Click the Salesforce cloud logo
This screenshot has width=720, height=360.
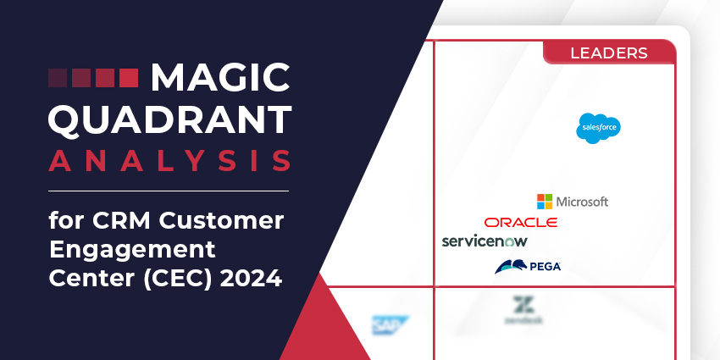[599, 128]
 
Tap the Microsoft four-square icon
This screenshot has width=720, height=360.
[545, 202]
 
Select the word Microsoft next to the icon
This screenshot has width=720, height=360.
[582, 202]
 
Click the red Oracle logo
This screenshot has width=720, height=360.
[521, 222]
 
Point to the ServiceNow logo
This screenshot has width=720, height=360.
[485, 241]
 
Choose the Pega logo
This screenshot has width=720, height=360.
[527, 267]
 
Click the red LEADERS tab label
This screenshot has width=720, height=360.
[609, 53]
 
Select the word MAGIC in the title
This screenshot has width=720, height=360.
[219, 79]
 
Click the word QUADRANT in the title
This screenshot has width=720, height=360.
[169, 119]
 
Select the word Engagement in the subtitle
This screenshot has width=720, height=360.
[132, 251]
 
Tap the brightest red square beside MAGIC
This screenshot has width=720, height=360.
[128, 79]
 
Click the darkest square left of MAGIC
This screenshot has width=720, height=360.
[57, 79]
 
